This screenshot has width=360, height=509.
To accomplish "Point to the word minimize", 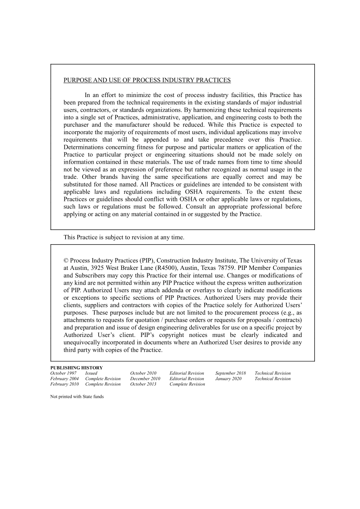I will pyautogui.click(x=138, y=95).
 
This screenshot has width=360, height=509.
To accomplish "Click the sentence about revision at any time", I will pyautogui.click(x=124, y=238).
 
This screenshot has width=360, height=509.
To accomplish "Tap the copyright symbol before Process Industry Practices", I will pyautogui.click(x=66, y=261).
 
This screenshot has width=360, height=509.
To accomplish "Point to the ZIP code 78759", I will pyautogui.click(x=226, y=268).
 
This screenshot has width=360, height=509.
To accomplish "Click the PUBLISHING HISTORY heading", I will pyautogui.click(x=77, y=368).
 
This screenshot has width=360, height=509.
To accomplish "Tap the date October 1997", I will pyautogui.click(x=63, y=373).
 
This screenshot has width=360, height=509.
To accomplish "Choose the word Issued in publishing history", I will pyautogui.click(x=91, y=373).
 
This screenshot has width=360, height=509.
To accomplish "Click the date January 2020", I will pyautogui.click(x=228, y=379).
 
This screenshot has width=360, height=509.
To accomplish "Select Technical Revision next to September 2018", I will pyautogui.click(x=272, y=373).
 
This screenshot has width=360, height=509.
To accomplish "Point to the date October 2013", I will pyautogui.click(x=143, y=384).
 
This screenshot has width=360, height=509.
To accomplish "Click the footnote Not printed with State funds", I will pyautogui.click(x=77, y=397).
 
